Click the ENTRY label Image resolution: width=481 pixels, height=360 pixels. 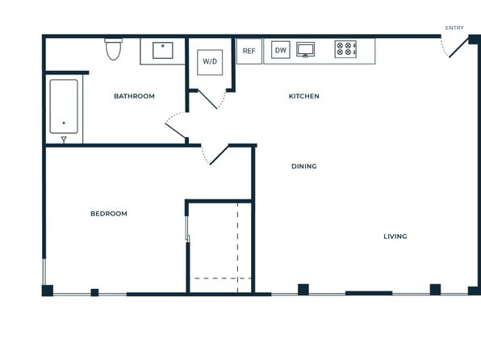coord(454,28)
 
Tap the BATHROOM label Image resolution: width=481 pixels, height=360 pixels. coord(134,96)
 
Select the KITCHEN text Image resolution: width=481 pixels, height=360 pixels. coord(303,96)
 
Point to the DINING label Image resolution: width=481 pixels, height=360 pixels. coord(303,166)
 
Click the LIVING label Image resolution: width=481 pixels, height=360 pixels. coord(395,237)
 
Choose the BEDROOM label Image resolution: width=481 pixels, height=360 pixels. coord(109,214)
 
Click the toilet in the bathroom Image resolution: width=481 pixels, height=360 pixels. coord(114,49)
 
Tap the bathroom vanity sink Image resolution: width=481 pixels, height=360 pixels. coord(163,50)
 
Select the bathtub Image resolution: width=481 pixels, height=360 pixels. coord(64,107)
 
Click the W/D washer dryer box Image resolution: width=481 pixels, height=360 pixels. coord(210,62)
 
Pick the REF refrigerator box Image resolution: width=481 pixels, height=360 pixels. coord(249,51)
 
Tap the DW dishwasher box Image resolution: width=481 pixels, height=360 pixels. coord(281,50)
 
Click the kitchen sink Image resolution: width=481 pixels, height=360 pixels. coord(305,50)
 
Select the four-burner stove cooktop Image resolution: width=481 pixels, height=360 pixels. coord(345,49)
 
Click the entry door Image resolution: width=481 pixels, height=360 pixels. coord(458,47)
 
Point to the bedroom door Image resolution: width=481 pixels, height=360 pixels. coord(220,155)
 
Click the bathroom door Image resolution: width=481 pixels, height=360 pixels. coord(175,131)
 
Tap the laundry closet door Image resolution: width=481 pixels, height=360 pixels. coord(207,98)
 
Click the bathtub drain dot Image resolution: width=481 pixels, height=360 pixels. coord(64,123)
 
